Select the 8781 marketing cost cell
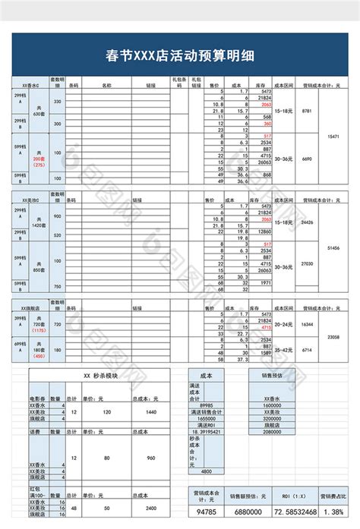click(307, 111)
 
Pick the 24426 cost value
click(308, 222)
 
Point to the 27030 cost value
click(308, 263)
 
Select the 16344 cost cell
click(308, 324)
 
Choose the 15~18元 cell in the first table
click(283, 111)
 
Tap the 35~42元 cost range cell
click(283, 350)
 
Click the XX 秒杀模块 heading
click(102, 375)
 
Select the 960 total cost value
click(151, 458)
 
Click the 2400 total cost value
click(151, 508)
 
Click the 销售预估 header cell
click(273, 374)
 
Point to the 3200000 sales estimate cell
click(273, 418)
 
